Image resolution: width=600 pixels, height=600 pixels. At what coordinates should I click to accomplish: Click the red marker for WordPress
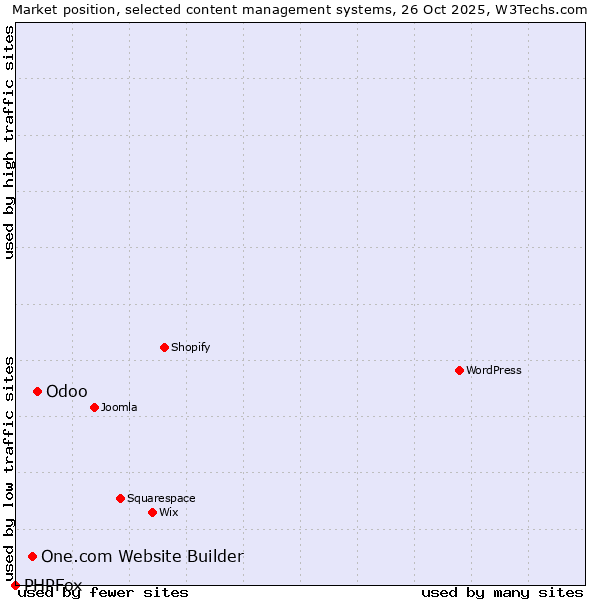[x=459, y=370]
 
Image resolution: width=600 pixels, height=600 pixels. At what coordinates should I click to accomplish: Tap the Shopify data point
[x=164, y=347]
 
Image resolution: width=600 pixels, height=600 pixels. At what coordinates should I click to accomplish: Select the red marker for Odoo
[x=37, y=391]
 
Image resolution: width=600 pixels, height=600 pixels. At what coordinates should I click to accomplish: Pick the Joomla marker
[x=94, y=407]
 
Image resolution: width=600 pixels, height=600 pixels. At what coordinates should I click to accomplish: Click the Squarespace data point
[x=120, y=498]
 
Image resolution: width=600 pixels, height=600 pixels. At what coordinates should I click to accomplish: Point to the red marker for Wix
[x=152, y=512]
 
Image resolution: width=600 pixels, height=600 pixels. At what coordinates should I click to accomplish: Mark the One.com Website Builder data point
[x=32, y=556]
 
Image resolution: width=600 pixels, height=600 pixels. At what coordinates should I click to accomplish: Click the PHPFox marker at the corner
[x=15, y=585]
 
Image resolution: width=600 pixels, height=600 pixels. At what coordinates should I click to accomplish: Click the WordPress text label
[x=494, y=370]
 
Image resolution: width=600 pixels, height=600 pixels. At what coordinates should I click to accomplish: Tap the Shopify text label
[x=190, y=347]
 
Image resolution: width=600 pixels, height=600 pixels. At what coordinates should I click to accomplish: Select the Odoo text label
[x=67, y=391]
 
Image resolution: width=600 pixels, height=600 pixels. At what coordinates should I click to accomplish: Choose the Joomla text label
[x=119, y=407]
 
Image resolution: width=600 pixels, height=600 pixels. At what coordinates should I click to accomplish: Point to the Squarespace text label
[x=161, y=498]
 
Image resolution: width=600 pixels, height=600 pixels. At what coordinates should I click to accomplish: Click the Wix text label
[x=168, y=512]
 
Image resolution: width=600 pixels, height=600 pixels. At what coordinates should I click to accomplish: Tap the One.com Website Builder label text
[x=142, y=556]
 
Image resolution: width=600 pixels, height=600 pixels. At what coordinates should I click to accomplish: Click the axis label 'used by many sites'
[x=502, y=592]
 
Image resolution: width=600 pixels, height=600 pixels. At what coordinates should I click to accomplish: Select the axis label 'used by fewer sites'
[x=104, y=592]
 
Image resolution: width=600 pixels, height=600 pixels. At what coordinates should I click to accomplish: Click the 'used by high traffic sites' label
[x=10, y=142]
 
